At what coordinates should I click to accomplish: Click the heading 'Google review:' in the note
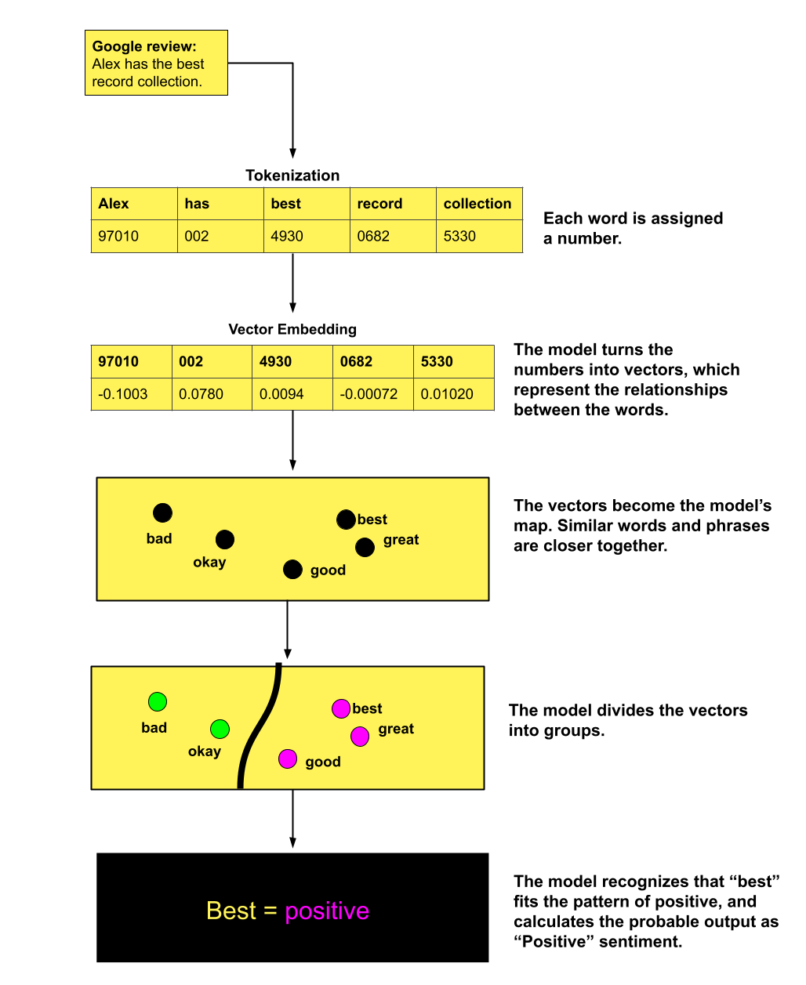(x=144, y=47)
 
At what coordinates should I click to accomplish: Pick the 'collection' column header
(x=477, y=204)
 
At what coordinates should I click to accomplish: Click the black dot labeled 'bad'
(x=162, y=513)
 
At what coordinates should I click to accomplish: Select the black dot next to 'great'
(x=365, y=547)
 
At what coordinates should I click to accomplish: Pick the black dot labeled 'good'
(x=292, y=570)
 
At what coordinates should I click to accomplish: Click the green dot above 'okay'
(x=220, y=730)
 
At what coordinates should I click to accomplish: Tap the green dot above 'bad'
(x=158, y=701)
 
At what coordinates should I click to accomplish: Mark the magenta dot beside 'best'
(x=341, y=708)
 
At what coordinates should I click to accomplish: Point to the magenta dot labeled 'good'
(x=288, y=759)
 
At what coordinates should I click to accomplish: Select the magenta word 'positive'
(x=327, y=911)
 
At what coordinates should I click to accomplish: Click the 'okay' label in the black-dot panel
(x=209, y=562)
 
